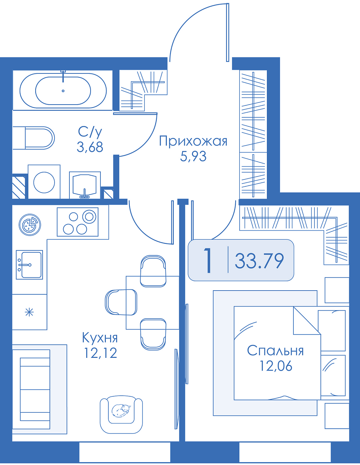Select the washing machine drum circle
44,182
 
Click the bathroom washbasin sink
85,185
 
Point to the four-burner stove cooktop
77,222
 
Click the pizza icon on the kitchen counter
29,225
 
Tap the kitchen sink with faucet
29,265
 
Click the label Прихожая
193,142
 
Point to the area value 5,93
193,156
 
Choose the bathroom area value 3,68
90,147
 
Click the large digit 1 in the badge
208,260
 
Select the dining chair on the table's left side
121,302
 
